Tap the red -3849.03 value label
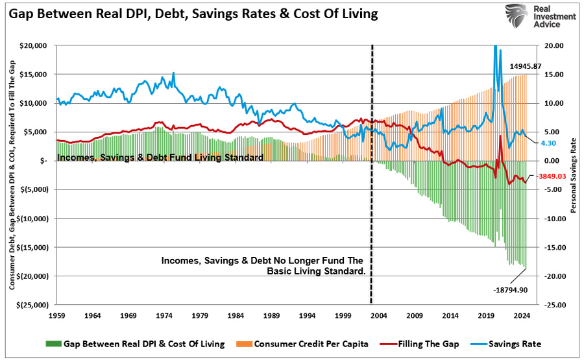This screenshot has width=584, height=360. tap(552, 176)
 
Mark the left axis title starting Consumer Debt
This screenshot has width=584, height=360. tap(13, 175)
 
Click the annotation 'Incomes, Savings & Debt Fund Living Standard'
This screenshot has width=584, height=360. tap(160, 157)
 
